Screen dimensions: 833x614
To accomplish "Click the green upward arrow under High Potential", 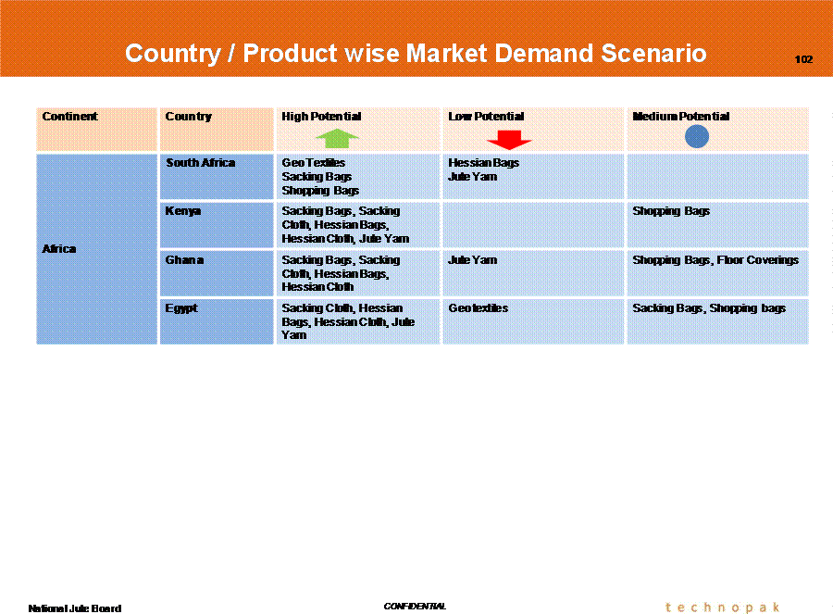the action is (337, 138).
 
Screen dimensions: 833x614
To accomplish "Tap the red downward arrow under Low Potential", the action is (509, 140).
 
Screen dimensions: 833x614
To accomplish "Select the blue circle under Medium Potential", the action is (696, 137).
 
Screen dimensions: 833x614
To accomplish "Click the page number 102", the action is (803, 59).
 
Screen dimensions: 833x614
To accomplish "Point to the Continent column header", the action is (69, 117).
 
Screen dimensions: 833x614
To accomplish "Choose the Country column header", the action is (188, 117).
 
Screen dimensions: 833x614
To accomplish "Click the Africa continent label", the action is (59, 249).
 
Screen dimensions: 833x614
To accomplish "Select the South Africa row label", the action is (200, 163).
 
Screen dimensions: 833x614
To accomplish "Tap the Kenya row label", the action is (182, 211).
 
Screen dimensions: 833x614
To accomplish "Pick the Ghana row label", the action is (184, 260).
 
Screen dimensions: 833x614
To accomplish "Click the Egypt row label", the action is (181, 309).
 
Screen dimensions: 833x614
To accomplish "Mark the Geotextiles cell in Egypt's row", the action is (479, 308).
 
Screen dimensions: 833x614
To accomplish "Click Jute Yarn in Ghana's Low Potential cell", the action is (473, 260).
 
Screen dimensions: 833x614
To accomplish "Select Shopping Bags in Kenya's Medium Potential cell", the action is (671, 211).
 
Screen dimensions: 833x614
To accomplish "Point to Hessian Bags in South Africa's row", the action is (483, 163).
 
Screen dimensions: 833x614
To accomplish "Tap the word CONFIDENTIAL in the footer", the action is (415, 606).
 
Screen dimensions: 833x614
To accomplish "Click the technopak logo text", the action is (723, 608).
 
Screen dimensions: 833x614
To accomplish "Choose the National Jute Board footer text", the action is (74, 608).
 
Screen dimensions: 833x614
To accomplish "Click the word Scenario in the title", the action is (653, 53).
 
